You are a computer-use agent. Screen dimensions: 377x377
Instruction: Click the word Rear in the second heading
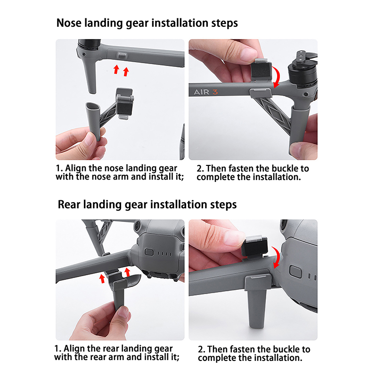tap(69, 205)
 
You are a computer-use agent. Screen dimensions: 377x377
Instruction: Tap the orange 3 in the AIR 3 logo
tap(215, 92)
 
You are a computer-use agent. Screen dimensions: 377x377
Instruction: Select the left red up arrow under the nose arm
tap(116, 69)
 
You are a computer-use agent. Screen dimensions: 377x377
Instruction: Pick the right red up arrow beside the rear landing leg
tap(127, 272)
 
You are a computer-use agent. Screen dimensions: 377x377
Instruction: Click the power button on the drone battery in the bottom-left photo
tap(149, 253)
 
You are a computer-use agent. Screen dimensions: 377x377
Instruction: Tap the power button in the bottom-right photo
tap(295, 271)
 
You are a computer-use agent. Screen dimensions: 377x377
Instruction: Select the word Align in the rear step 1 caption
tap(74, 349)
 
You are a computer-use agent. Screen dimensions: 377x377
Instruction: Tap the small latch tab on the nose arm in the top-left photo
tap(123, 56)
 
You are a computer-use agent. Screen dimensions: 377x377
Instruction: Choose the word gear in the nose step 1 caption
tap(168, 168)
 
